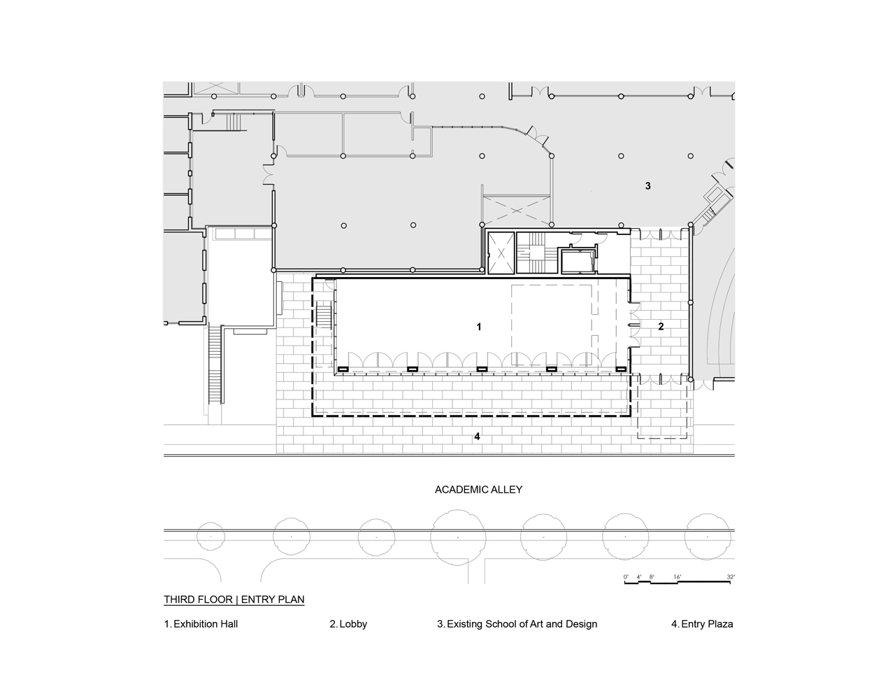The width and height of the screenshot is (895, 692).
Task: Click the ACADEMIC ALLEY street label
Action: point(478,490)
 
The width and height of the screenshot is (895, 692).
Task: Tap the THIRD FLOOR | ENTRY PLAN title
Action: point(234,599)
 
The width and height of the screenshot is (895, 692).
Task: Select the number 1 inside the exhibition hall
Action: point(478,327)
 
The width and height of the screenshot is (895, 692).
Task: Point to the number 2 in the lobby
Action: point(661,327)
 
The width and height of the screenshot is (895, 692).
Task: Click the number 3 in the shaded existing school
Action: point(648,186)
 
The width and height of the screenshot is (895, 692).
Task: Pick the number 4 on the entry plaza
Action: point(477,436)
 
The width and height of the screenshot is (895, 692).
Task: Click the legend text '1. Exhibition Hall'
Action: point(201,624)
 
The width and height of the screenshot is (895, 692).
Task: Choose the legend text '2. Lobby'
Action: point(348,624)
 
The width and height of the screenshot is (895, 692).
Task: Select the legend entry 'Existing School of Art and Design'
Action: point(522,624)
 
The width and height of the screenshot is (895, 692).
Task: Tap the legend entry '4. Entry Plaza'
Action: point(702,624)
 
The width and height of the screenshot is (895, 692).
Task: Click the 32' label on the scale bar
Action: point(731,577)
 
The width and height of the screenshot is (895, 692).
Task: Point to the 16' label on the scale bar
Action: point(678,577)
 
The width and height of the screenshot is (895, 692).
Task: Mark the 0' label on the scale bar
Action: point(626,577)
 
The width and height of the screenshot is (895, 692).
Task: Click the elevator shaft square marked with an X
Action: point(501,253)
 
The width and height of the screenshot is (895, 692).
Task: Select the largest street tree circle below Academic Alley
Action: point(458,537)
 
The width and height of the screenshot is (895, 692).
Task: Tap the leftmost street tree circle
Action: point(211,537)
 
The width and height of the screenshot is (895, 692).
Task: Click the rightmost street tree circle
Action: point(708,537)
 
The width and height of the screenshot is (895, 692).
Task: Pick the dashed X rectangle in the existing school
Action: point(517,211)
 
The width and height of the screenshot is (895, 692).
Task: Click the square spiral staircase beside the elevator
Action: point(537,252)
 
